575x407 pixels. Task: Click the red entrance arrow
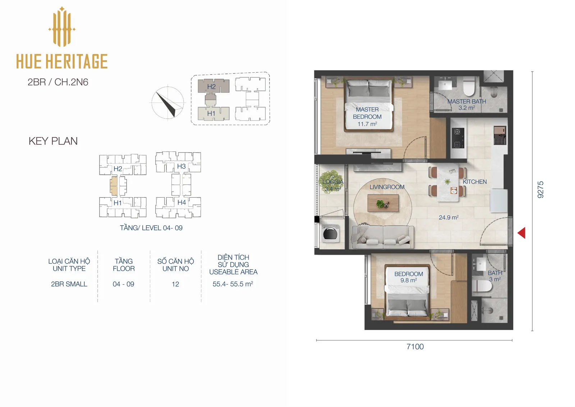pos(521,233)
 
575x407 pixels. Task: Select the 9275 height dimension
pos(540,190)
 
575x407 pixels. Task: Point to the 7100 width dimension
pos(415,347)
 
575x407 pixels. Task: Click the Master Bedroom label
pos(367,117)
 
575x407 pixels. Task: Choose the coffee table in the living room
pos(383,203)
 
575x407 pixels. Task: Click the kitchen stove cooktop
pos(458,138)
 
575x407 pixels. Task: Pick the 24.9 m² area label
pos(448,217)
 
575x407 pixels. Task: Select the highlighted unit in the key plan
pos(114,186)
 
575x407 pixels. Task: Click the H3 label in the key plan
pos(181,166)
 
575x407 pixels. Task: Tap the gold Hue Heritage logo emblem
pos(62,27)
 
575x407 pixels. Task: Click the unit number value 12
pos(175,284)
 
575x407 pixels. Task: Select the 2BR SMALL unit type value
pos(69,284)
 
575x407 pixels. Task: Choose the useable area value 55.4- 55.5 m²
pos(233,284)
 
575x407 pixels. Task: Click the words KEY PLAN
pos(53,141)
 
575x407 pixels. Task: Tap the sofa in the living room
pos(382,237)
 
